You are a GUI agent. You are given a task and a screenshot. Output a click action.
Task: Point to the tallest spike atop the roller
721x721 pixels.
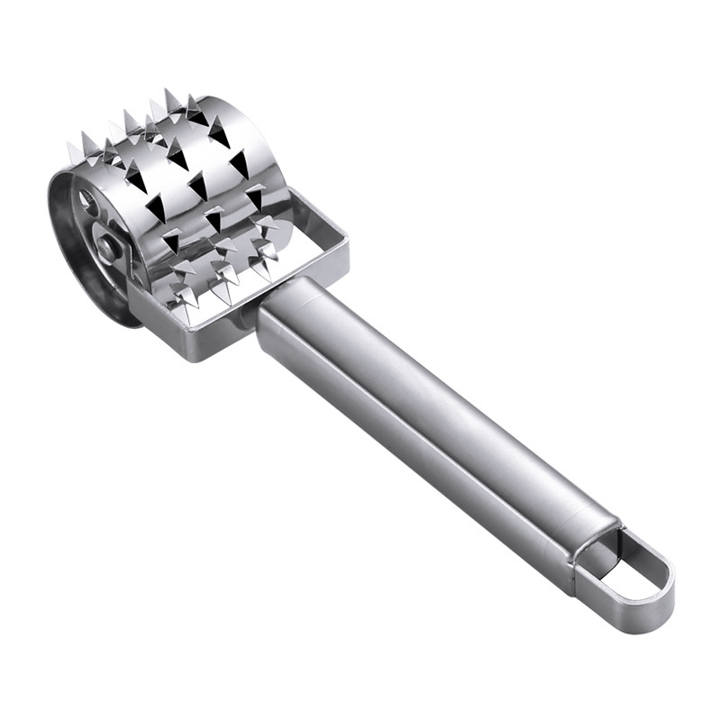(170, 97)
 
